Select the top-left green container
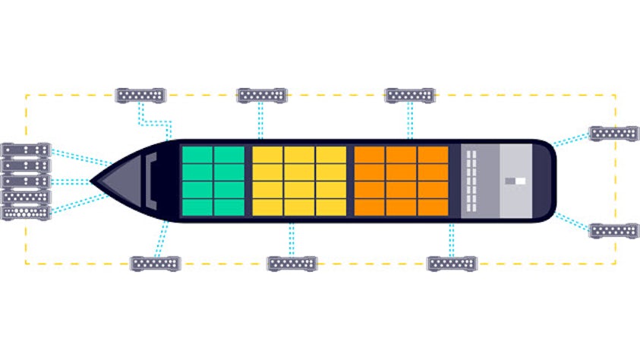coord(197,154)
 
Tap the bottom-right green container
coord(229,206)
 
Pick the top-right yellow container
coord(330,154)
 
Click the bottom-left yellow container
coord(267,206)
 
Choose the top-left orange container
coord(370,154)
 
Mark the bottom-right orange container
coord(433,206)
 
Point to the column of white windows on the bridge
coord(471,181)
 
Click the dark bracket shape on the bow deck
coord(152,181)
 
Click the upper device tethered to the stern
coord(614,133)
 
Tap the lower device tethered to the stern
coord(613,230)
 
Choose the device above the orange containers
coord(409,95)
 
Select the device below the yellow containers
coord(292,264)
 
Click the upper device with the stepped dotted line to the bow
coord(140,95)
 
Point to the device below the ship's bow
coord(156,264)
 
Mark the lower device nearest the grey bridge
coord(452,264)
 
